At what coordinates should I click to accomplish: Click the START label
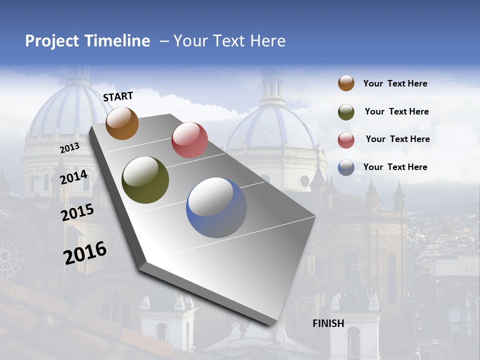tap(118, 96)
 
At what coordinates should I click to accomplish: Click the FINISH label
tap(328, 323)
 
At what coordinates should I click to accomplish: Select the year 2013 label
tap(69, 148)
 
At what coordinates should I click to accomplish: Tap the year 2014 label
tap(73, 177)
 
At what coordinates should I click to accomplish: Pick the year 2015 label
tap(77, 212)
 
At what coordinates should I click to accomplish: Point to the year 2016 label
tap(85, 253)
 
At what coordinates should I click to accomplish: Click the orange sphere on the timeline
tap(122, 123)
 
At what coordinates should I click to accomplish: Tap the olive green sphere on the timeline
tap(145, 180)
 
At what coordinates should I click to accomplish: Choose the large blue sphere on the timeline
tap(216, 207)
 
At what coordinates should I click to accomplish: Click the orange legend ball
tap(346, 83)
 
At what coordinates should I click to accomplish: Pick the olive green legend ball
tap(346, 111)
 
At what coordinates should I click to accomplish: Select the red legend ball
tap(346, 139)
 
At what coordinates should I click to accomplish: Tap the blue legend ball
tap(346, 167)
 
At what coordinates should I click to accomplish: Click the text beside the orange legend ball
tap(395, 83)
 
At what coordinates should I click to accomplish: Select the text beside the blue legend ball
tap(395, 167)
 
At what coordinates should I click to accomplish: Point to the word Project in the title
tap(52, 41)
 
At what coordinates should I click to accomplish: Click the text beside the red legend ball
tap(397, 139)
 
